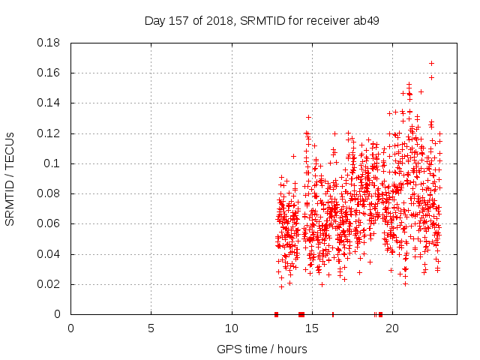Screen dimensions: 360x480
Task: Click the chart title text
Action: click(x=261, y=20)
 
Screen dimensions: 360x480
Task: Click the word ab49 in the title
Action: click(x=365, y=20)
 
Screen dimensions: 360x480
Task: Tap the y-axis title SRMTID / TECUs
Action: click(x=10, y=179)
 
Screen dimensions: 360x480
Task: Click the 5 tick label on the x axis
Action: click(x=151, y=328)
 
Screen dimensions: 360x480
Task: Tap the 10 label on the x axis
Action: click(x=232, y=328)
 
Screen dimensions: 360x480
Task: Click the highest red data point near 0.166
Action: click(x=431, y=63)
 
